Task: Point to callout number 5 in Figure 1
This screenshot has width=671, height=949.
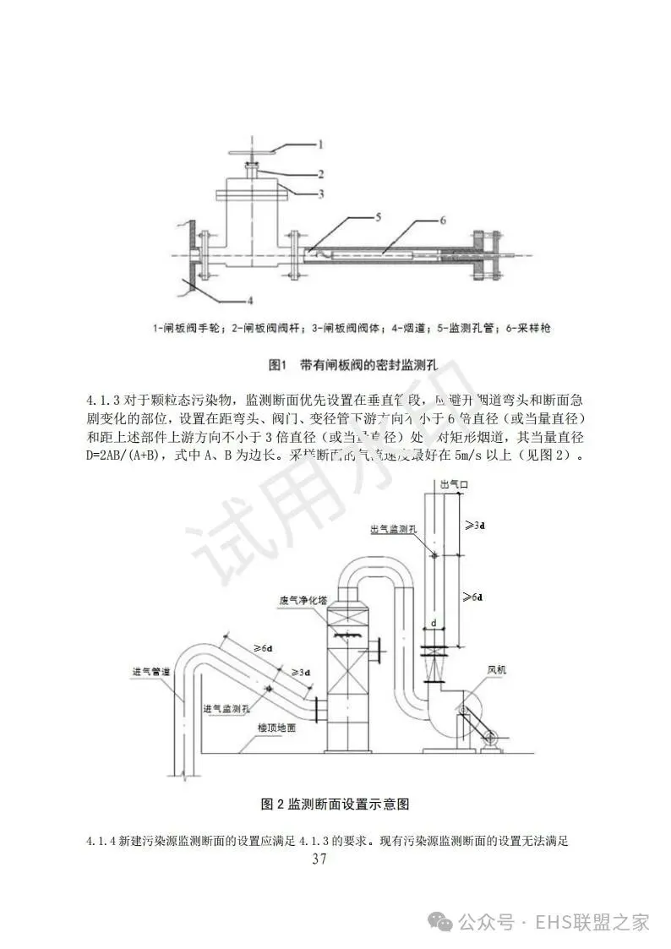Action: pyautogui.click(x=378, y=218)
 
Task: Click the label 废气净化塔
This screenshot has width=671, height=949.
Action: pyautogui.click(x=299, y=601)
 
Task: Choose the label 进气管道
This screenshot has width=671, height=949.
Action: pyautogui.click(x=152, y=673)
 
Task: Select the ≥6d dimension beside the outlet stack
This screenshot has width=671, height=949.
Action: pyautogui.click(x=474, y=597)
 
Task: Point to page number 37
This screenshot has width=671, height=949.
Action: pyautogui.click(x=319, y=859)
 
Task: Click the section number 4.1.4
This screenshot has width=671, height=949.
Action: pyautogui.click(x=101, y=842)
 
